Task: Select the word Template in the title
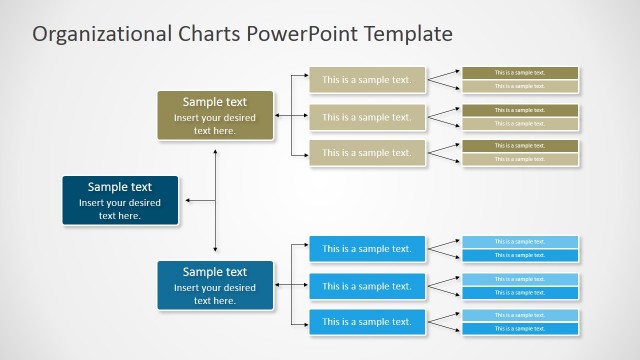click(x=409, y=34)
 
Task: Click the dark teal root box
click(x=120, y=200)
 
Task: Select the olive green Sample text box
click(x=215, y=115)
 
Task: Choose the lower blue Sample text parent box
click(x=215, y=285)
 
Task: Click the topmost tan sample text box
click(x=367, y=79)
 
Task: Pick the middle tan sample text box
click(x=367, y=117)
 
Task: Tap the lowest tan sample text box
click(x=367, y=153)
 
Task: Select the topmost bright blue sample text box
click(x=367, y=249)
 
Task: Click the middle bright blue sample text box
click(x=367, y=286)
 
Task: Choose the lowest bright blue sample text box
click(x=367, y=322)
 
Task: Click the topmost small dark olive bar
click(x=520, y=72)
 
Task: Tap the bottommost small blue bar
click(x=520, y=329)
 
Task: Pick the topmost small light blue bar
click(x=520, y=241)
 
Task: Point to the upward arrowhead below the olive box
click(x=215, y=153)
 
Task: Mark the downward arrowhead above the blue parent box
click(x=215, y=248)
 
